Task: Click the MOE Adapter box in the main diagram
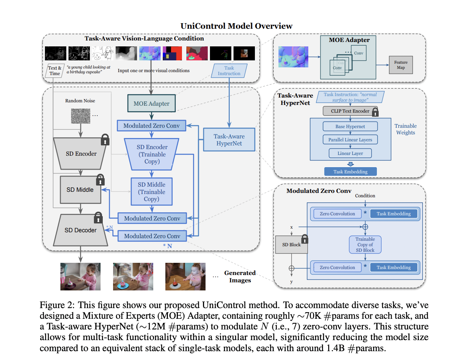point(151,103)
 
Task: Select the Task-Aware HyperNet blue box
point(229,140)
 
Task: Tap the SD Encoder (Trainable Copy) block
point(152,154)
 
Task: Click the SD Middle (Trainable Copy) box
point(152,191)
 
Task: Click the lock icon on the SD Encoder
point(105,140)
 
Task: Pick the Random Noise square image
point(80,116)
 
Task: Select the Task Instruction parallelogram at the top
point(229,71)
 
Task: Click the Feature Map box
point(401,65)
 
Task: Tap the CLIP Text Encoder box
point(350,111)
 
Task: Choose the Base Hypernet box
point(350,126)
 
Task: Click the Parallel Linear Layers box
point(350,140)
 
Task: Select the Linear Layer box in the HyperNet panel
point(350,153)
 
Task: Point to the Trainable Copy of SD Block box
point(365,244)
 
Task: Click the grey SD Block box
point(291,245)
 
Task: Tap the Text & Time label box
point(55,70)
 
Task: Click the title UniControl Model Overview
point(236,26)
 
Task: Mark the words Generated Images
point(240,276)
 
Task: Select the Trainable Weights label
point(406,129)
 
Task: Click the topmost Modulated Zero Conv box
point(151,126)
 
